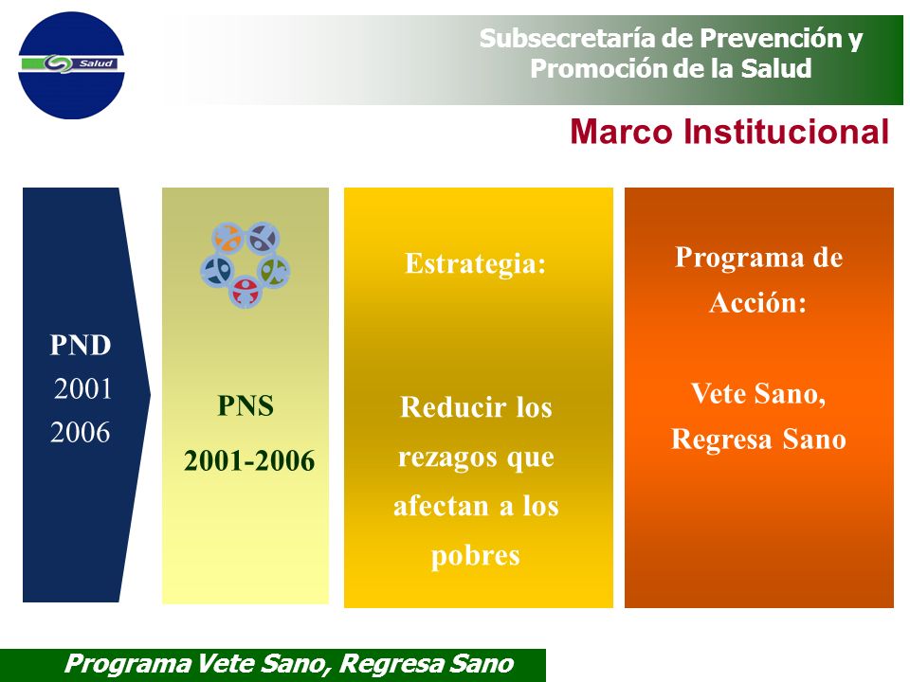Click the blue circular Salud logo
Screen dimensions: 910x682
pos(71,65)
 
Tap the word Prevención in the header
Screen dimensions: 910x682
pos(772,38)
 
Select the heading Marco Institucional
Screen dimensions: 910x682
pos(730,132)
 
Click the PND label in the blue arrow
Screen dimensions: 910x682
pos(80,345)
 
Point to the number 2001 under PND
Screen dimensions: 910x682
pos(82,388)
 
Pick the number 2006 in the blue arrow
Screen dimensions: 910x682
pos(80,432)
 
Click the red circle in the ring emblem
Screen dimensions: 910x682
pos(246,292)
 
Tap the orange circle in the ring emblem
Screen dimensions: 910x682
pos(227,238)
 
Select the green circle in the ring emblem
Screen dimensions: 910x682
pos(273,271)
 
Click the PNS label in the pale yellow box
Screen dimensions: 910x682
pos(246,406)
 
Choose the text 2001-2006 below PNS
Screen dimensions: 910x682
pos(249,461)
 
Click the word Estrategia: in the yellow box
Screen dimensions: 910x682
pos(476,263)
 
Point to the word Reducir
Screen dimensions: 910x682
pos(453,407)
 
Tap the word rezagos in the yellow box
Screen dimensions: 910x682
pos(447,458)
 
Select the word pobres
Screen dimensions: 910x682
pos(475,556)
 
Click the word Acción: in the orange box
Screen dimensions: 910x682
pos(758,302)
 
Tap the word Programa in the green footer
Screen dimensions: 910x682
pos(128,664)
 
